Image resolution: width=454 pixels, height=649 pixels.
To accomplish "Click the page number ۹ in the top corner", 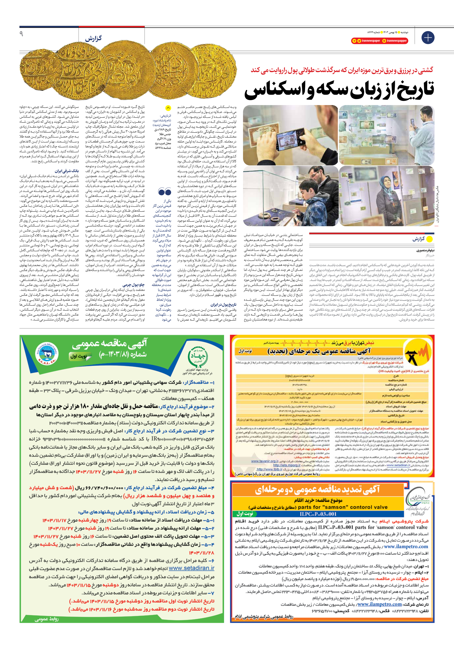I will coord(21,34).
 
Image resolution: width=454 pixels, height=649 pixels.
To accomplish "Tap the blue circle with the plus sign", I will coord(428,38).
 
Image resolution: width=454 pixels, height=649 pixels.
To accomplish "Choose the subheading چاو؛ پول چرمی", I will coord(134,285).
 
